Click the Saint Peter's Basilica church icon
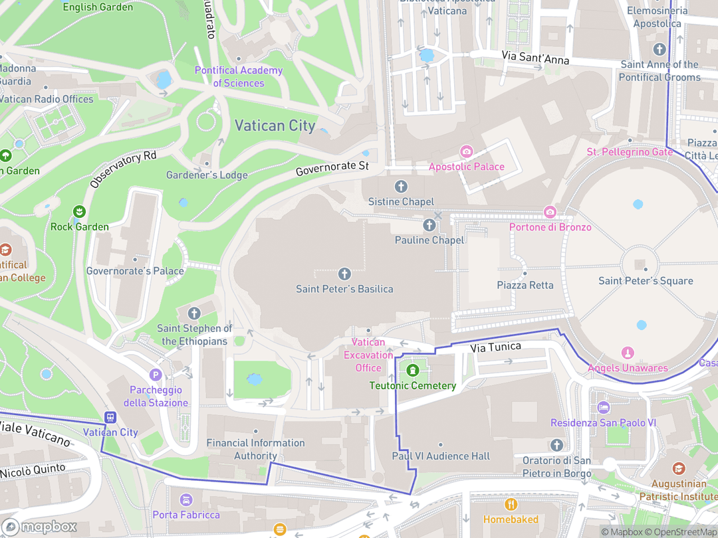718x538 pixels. (344, 274)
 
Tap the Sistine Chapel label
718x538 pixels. (401, 201)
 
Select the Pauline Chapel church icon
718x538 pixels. (430, 226)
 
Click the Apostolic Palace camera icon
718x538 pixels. (466, 151)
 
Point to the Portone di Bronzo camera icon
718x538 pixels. (550, 212)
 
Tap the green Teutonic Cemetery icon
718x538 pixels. (412, 370)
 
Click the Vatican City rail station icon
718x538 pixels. (110, 417)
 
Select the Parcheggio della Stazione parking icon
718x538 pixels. (156, 375)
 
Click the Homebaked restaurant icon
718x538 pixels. (511, 504)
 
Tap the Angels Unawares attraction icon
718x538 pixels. (627, 353)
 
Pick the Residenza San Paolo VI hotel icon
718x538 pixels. (603, 408)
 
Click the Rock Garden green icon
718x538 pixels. (80, 212)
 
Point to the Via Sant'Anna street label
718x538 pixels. (535, 58)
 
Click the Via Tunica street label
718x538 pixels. (496, 347)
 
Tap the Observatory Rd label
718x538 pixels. (123, 169)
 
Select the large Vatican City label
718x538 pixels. (275, 126)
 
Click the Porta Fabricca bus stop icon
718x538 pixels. (186, 499)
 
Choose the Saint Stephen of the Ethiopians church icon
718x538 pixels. (194, 313)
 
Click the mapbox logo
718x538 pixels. (39, 527)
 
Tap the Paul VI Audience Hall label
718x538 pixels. (441, 456)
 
